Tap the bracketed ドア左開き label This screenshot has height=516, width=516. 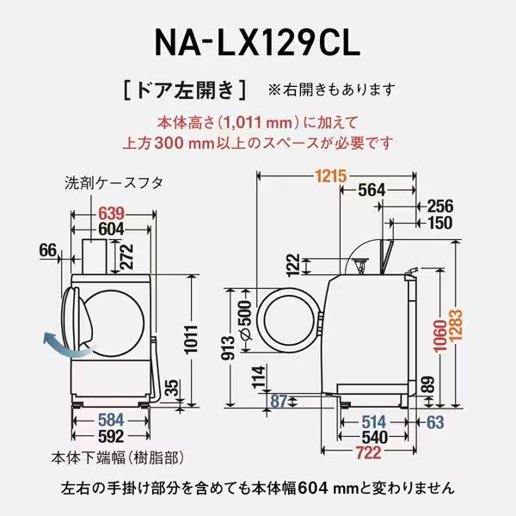tap(185, 89)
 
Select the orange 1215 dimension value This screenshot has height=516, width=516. tap(330, 176)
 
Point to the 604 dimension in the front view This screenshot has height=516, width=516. tap(112, 229)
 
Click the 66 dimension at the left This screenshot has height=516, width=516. tap(48, 250)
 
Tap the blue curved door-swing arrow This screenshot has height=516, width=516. tap(58, 346)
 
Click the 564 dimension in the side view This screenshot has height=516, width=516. tap(371, 190)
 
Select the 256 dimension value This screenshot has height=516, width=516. tap(439, 206)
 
